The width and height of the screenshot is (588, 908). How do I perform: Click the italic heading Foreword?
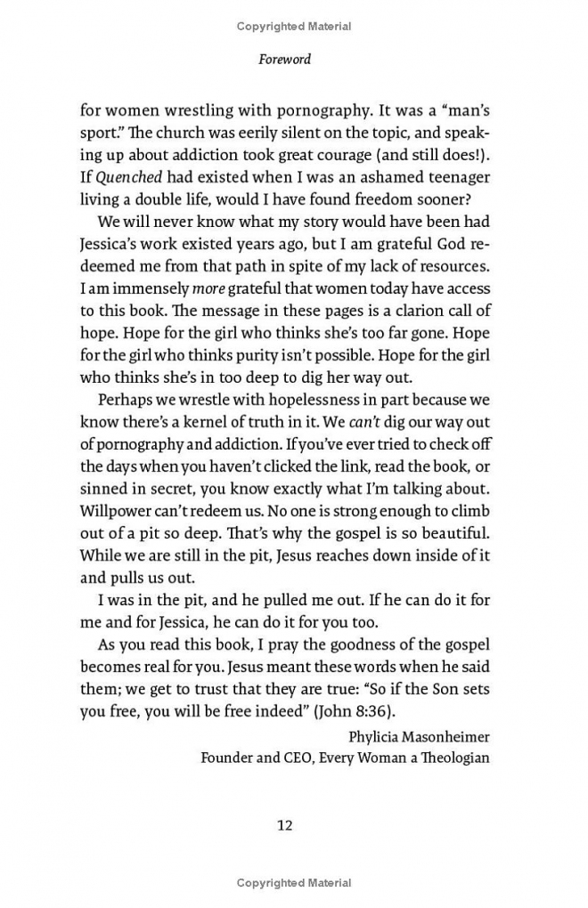coord(285,61)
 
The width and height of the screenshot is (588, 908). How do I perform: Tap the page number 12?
coord(285,824)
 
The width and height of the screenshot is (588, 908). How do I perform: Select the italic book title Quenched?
coord(122,176)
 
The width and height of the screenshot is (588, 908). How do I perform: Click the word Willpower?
coord(116,511)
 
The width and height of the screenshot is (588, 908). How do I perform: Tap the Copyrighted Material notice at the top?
coord(294,26)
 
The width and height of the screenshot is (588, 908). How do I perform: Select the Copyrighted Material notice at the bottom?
coord(294,883)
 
